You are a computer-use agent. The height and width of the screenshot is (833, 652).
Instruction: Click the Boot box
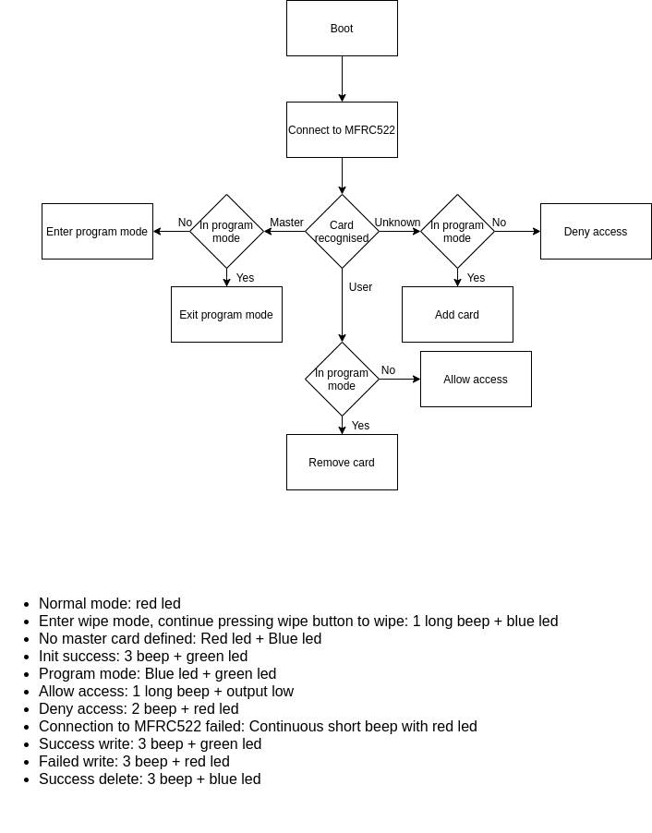click(342, 29)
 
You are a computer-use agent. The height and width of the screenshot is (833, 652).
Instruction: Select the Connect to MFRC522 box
click(342, 130)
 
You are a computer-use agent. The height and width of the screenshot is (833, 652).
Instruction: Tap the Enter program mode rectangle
click(97, 232)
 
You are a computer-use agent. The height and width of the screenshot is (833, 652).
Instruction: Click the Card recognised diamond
click(342, 232)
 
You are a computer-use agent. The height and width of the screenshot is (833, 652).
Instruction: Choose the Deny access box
click(596, 232)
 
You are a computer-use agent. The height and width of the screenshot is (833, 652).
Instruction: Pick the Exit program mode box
click(226, 315)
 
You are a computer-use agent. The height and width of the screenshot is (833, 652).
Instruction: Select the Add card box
click(457, 315)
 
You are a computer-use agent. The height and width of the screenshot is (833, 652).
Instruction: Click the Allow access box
click(476, 380)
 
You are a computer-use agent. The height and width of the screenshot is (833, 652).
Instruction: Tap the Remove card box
click(342, 463)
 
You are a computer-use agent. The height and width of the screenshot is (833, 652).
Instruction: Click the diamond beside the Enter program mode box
click(226, 232)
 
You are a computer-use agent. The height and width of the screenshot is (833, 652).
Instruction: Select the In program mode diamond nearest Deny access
click(457, 232)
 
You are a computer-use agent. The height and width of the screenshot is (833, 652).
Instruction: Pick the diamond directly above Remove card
click(342, 380)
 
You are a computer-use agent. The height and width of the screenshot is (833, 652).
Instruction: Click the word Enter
click(59, 232)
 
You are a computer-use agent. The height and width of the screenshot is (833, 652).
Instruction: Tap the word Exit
click(188, 315)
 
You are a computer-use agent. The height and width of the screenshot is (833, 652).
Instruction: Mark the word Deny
click(576, 232)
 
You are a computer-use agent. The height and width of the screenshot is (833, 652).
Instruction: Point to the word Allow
click(457, 380)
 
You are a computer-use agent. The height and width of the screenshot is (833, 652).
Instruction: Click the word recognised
click(342, 238)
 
